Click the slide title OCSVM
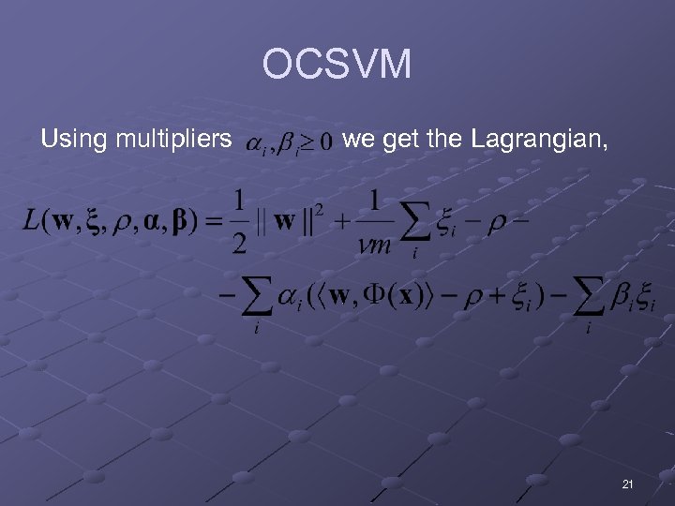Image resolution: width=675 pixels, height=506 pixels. (x=337, y=66)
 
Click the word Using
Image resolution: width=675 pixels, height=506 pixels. (x=74, y=141)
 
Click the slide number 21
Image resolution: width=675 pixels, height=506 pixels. (x=627, y=484)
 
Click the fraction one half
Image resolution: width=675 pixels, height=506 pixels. (x=240, y=223)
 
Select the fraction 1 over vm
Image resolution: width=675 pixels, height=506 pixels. (x=375, y=223)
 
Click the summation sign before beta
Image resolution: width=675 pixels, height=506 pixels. (x=589, y=298)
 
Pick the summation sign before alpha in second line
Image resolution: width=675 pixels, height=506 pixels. (x=258, y=298)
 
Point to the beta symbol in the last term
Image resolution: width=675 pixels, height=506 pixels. (x=622, y=297)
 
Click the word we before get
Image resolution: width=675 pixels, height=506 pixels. (x=360, y=141)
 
